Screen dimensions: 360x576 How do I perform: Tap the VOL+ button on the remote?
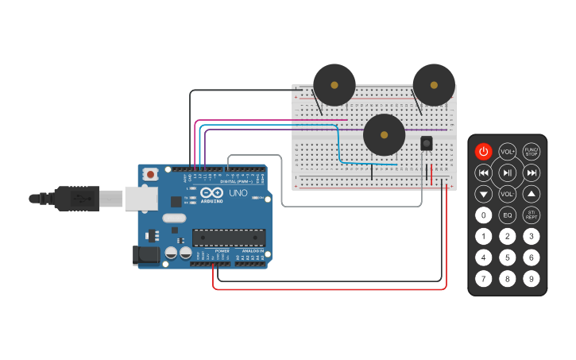508,151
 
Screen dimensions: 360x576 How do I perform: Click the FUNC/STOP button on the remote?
532,151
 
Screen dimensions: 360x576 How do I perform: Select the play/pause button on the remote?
508,172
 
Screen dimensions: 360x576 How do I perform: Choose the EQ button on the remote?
508,215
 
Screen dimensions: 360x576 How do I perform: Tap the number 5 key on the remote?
508,257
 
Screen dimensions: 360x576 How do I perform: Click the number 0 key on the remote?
483,215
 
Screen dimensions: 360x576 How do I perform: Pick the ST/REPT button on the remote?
532,215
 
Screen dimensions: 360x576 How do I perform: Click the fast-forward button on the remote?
532,172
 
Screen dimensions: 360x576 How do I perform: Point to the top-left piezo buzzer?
334,85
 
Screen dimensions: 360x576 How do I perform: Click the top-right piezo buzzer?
434,84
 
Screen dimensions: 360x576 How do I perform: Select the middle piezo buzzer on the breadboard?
384,134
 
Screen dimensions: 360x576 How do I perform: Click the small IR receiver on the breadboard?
426,143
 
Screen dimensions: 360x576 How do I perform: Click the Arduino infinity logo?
211,193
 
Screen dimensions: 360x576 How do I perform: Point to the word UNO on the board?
239,193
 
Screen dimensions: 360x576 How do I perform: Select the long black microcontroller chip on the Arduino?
229,237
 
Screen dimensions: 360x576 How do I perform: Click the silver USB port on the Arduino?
141,199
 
